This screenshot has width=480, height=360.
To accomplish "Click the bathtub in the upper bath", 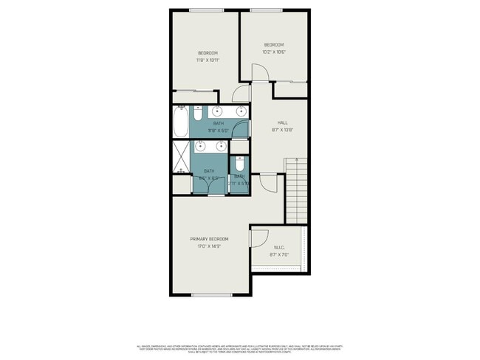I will point(181,122).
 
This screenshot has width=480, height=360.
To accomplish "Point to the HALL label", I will point(282,122).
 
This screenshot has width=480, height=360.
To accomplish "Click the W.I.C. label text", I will point(279,247).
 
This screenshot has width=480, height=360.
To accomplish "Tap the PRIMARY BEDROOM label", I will point(209,239).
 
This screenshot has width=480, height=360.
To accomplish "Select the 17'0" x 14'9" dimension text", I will point(209,246).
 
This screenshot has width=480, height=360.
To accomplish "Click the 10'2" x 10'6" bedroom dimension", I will point(274,52).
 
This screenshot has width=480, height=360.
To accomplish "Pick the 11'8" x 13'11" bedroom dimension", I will point(208,60).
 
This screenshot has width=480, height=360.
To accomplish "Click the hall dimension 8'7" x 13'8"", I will point(282,131).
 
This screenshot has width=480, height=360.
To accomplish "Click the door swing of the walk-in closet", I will point(259,238).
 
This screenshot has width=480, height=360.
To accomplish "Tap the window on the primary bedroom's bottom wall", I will point(212,295).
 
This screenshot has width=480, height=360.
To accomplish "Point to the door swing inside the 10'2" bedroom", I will point(260,73).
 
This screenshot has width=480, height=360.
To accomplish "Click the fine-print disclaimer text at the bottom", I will point(240,348).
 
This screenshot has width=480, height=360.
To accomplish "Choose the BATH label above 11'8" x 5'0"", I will point(219,123).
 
